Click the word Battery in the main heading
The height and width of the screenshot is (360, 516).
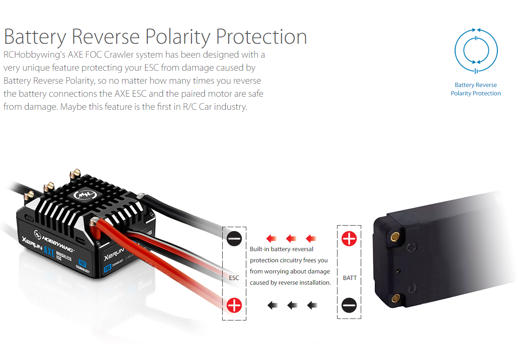click(x=35, y=37)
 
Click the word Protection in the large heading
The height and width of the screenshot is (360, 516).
click(x=262, y=36)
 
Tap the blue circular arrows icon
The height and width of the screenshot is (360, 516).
click(x=476, y=51)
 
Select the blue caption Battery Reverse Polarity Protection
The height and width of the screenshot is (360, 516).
click(x=476, y=89)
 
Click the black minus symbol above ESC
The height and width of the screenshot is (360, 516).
click(x=234, y=239)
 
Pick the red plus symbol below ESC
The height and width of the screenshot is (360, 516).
click(x=234, y=305)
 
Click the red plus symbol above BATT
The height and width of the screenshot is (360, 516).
click(x=349, y=239)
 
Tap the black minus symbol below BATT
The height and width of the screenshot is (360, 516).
click(x=349, y=305)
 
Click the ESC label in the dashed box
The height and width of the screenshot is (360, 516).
click(x=234, y=278)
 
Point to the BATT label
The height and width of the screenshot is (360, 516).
click(x=350, y=278)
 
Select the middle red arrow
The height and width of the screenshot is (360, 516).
click(x=291, y=238)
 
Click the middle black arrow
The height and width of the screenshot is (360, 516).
click(x=292, y=305)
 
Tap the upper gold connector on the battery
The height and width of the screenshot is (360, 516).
click(x=395, y=236)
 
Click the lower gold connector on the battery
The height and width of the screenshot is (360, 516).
click(x=395, y=299)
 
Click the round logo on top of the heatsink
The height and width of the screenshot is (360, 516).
click(x=85, y=195)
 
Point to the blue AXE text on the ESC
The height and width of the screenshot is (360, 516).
click(x=49, y=251)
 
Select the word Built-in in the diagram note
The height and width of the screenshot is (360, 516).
click(x=259, y=249)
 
